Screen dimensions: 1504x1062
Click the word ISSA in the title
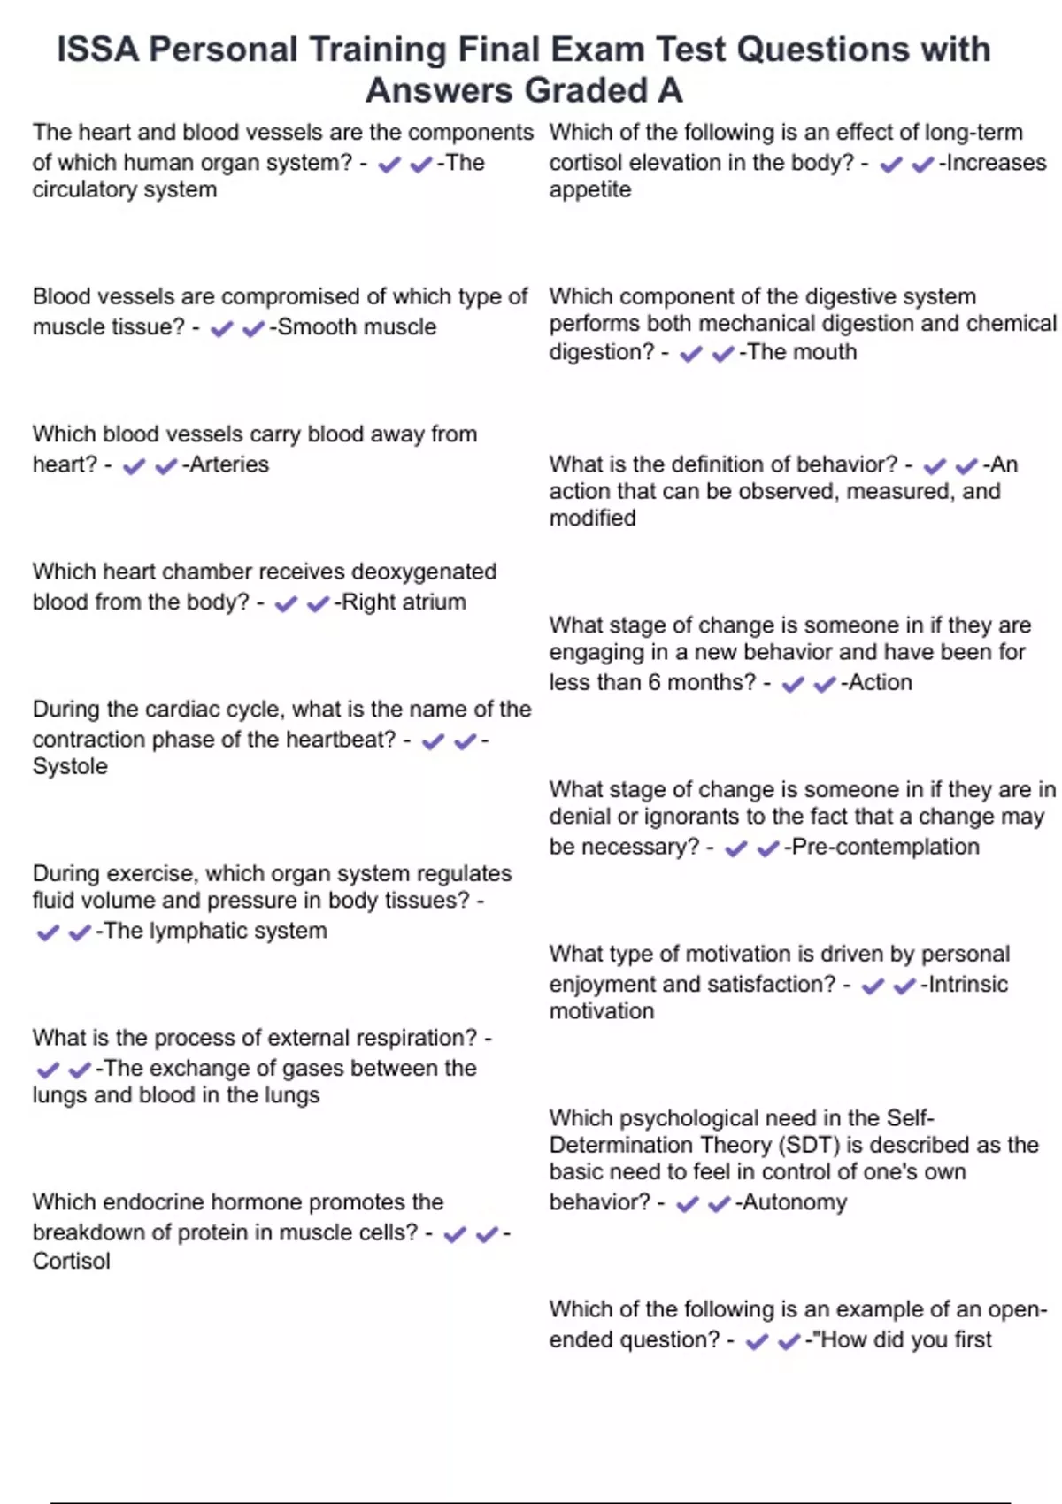(97, 50)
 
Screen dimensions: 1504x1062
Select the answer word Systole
(70, 766)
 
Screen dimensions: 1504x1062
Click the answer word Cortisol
(72, 1261)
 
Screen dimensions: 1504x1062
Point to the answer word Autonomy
(794, 1202)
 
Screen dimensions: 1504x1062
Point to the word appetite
(590, 189)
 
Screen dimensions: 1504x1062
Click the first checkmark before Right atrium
(286, 603)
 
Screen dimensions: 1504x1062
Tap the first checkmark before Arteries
(134, 466)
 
